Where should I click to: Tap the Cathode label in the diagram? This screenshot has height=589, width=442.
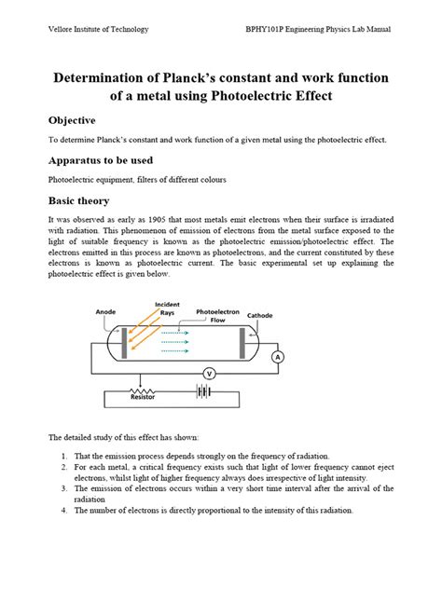(x=259, y=316)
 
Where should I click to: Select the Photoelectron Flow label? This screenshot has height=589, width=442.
(x=216, y=316)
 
